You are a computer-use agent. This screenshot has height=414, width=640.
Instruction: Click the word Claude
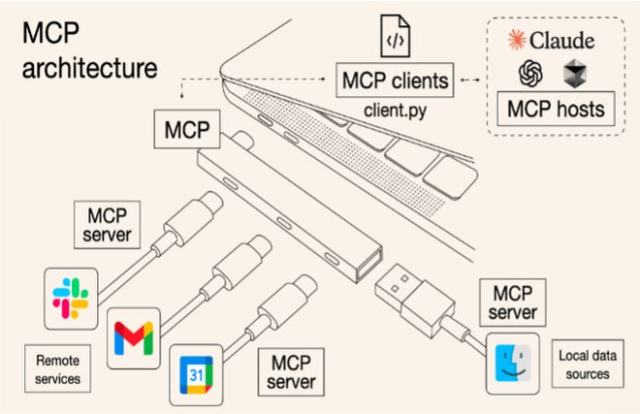point(571,40)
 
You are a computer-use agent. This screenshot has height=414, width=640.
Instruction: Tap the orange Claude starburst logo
point(519,40)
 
